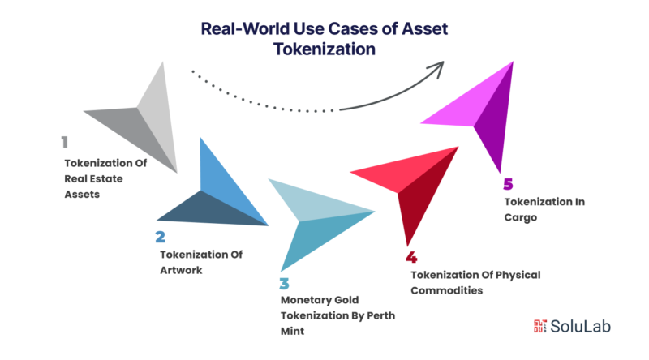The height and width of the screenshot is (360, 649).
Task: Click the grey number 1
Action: (65, 142)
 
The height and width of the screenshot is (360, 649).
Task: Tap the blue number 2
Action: (160, 237)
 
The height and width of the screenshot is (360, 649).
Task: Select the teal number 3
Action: (284, 284)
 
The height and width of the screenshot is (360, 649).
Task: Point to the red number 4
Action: (411, 257)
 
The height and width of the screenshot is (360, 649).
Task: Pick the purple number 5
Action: (509, 184)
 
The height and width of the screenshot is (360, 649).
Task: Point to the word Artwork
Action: (181, 270)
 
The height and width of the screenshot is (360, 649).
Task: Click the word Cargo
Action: (521, 217)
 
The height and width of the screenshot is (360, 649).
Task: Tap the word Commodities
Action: (447, 290)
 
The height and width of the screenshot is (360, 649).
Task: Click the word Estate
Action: (107, 178)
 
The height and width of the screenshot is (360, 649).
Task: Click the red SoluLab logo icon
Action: (539, 326)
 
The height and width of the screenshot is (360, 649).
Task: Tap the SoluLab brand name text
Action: (580, 327)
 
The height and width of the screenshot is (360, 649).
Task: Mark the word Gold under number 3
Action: (346, 300)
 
